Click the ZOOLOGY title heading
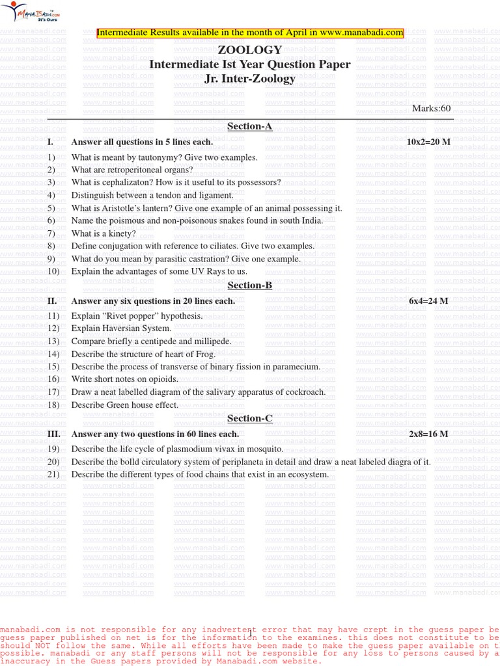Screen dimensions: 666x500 click(250, 50)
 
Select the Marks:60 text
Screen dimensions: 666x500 click(431, 108)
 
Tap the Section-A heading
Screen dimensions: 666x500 click(249, 126)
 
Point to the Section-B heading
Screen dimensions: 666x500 click(249, 286)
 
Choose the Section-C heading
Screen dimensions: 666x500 click(249, 418)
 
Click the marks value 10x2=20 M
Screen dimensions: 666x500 click(428, 142)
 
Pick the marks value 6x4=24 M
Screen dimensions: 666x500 click(428, 301)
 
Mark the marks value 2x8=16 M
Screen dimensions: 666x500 click(428, 434)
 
